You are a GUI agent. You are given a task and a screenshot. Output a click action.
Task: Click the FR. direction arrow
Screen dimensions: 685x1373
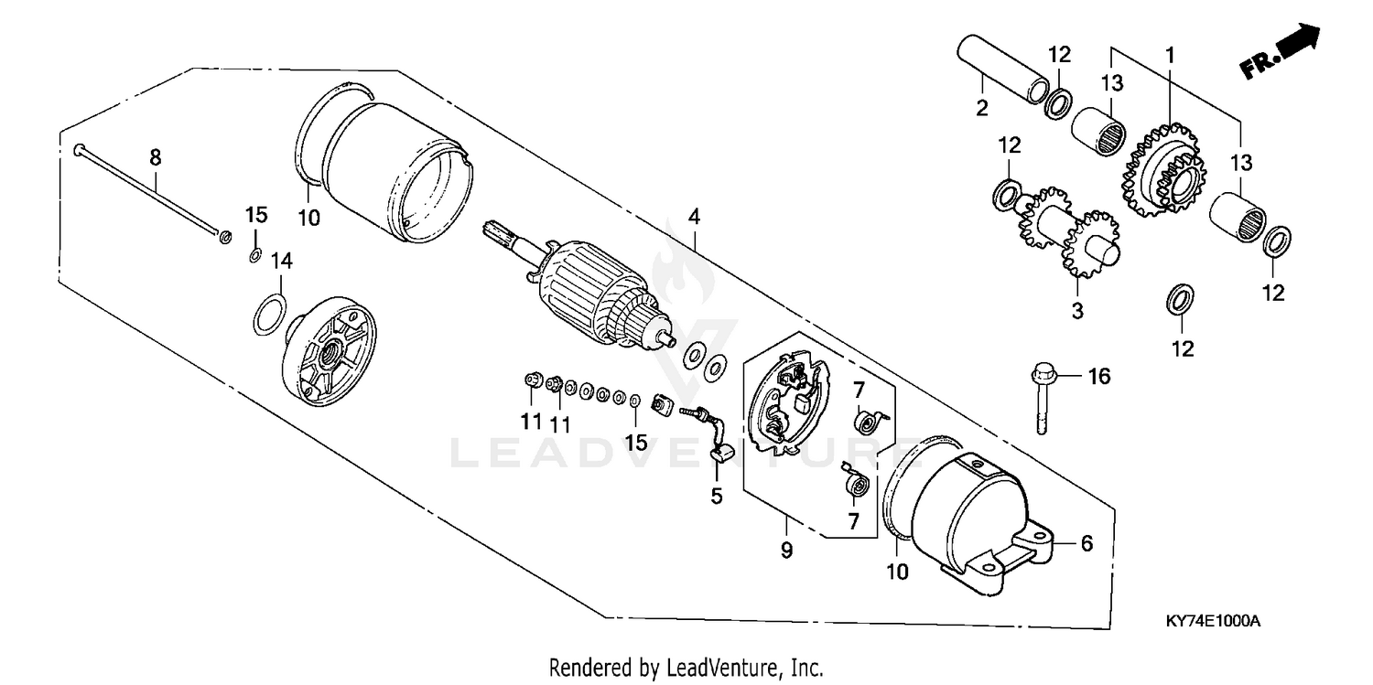tap(1281, 53)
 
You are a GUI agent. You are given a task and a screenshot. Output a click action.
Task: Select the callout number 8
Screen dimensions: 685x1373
tap(156, 157)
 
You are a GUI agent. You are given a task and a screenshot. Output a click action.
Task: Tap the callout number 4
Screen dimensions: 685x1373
tap(695, 217)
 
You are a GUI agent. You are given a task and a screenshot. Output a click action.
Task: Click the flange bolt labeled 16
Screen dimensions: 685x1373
tap(1042, 399)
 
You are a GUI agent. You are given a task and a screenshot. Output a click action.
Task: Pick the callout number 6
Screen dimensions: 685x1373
tap(1087, 542)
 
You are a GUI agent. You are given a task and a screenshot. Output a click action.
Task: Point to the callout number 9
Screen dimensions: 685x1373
tap(786, 551)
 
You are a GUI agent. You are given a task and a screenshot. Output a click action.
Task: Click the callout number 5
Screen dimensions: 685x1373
tap(717, 496)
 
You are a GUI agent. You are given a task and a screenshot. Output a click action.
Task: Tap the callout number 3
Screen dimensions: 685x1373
tap(1077, 311)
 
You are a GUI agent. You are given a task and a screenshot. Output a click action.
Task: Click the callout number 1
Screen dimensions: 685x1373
tap(1169, 56)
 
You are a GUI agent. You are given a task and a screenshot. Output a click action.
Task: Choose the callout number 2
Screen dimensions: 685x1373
tap(982, 108)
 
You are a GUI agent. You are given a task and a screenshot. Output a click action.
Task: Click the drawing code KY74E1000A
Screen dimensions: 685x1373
tap(1213, 621)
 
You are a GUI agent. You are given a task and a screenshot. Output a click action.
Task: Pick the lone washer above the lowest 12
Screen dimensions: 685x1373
tap(1182, 298)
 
